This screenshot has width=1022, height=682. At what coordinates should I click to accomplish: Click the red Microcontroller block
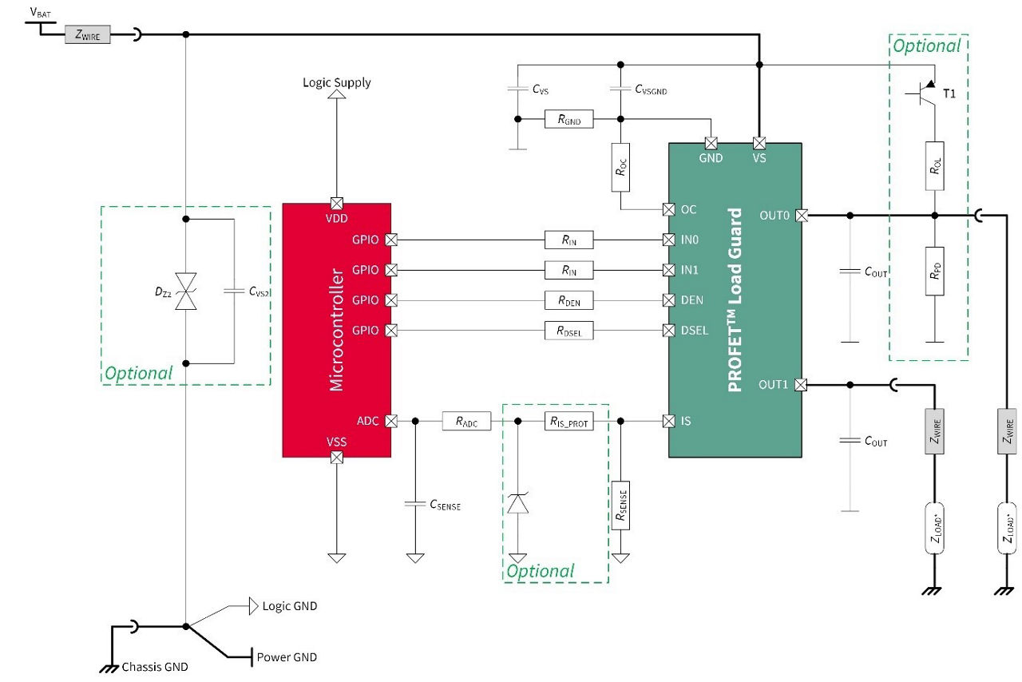click(x=336, y=330)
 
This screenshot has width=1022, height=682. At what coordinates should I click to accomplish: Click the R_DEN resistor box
click(x=568, y=300)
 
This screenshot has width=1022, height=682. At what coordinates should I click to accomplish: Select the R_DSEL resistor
click(x=568, y=331)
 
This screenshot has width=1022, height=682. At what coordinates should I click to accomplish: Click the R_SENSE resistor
click(x=620, y=506)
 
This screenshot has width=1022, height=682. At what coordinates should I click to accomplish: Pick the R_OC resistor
click(x=620, y=168)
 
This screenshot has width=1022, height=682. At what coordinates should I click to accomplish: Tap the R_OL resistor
click(x=935, y=166)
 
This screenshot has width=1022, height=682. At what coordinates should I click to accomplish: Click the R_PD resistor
click(x=935, y=272)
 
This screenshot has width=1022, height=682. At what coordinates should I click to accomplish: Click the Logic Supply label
click(x=336, y=82)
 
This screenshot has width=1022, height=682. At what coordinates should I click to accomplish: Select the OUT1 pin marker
click(x=801, y=385)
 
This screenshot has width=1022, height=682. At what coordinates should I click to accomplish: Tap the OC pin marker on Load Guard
click(x=669, y=209)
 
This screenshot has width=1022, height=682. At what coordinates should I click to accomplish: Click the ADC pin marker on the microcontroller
click(x=391, y=420)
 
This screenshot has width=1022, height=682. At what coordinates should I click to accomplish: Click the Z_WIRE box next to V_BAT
click(x=87, y=34)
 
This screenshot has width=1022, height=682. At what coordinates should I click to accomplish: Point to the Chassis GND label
click(x=154, y=667)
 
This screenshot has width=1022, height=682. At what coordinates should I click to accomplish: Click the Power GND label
click(x=286, y=657)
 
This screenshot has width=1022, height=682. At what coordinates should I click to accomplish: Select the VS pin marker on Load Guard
click(x=759, y=144)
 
